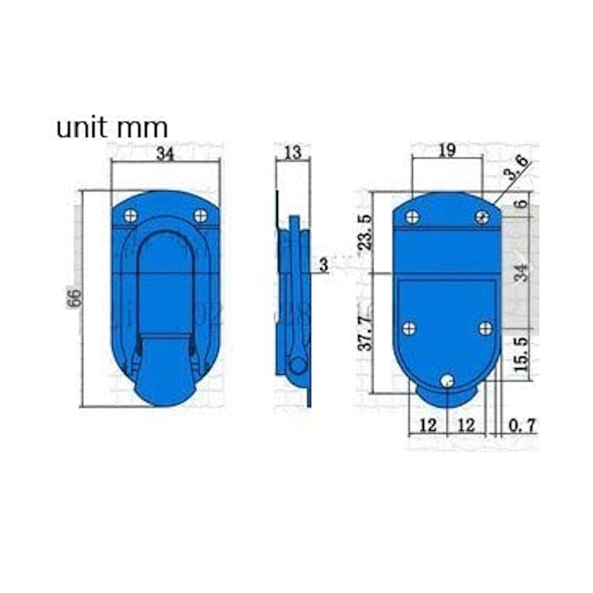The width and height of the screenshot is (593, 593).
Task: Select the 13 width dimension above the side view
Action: [x=293, y=152]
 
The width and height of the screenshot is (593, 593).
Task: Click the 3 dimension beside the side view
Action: [x=324, y=265]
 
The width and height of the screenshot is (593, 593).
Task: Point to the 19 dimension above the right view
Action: [x=447, y=150]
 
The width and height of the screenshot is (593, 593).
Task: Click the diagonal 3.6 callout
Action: [x=518, y=168]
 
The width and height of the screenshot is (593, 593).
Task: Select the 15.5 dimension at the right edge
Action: [x=521, y=354]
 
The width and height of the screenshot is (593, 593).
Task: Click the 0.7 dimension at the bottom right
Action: [x=522, y=425]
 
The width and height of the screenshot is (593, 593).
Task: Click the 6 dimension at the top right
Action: [x=522, y=203]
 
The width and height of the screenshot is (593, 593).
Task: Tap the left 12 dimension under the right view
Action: [x=428, y=425]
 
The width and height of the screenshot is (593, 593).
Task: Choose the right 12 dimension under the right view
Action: [x=466, y=425]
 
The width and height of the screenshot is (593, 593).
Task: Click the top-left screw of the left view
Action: [x=130, y=215]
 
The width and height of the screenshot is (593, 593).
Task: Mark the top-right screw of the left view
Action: [x=201, y=215]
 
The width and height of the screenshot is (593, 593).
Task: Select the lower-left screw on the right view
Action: [x=409, y=328]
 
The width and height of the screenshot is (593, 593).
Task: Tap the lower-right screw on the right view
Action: [x=485, y=328]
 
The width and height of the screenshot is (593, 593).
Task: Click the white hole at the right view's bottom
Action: [x=448, y=380]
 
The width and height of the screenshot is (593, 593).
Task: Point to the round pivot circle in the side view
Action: [x=298, y=365]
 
